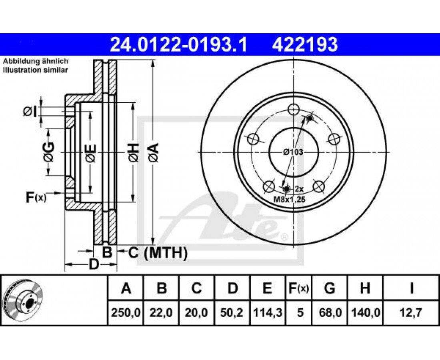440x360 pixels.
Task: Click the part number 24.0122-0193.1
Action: coord(178,45)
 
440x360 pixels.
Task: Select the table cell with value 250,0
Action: coord(126,312)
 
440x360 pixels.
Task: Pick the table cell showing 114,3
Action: coord(268,312)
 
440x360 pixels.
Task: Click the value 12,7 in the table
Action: coord(411,312)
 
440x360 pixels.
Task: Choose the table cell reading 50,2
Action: coord(232,312)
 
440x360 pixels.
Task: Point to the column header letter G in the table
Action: coord(330,288)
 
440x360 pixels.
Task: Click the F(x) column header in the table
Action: coord(298,288)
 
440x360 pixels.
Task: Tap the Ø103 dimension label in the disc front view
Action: coord(293,152)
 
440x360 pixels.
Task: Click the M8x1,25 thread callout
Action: coord(289,200)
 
